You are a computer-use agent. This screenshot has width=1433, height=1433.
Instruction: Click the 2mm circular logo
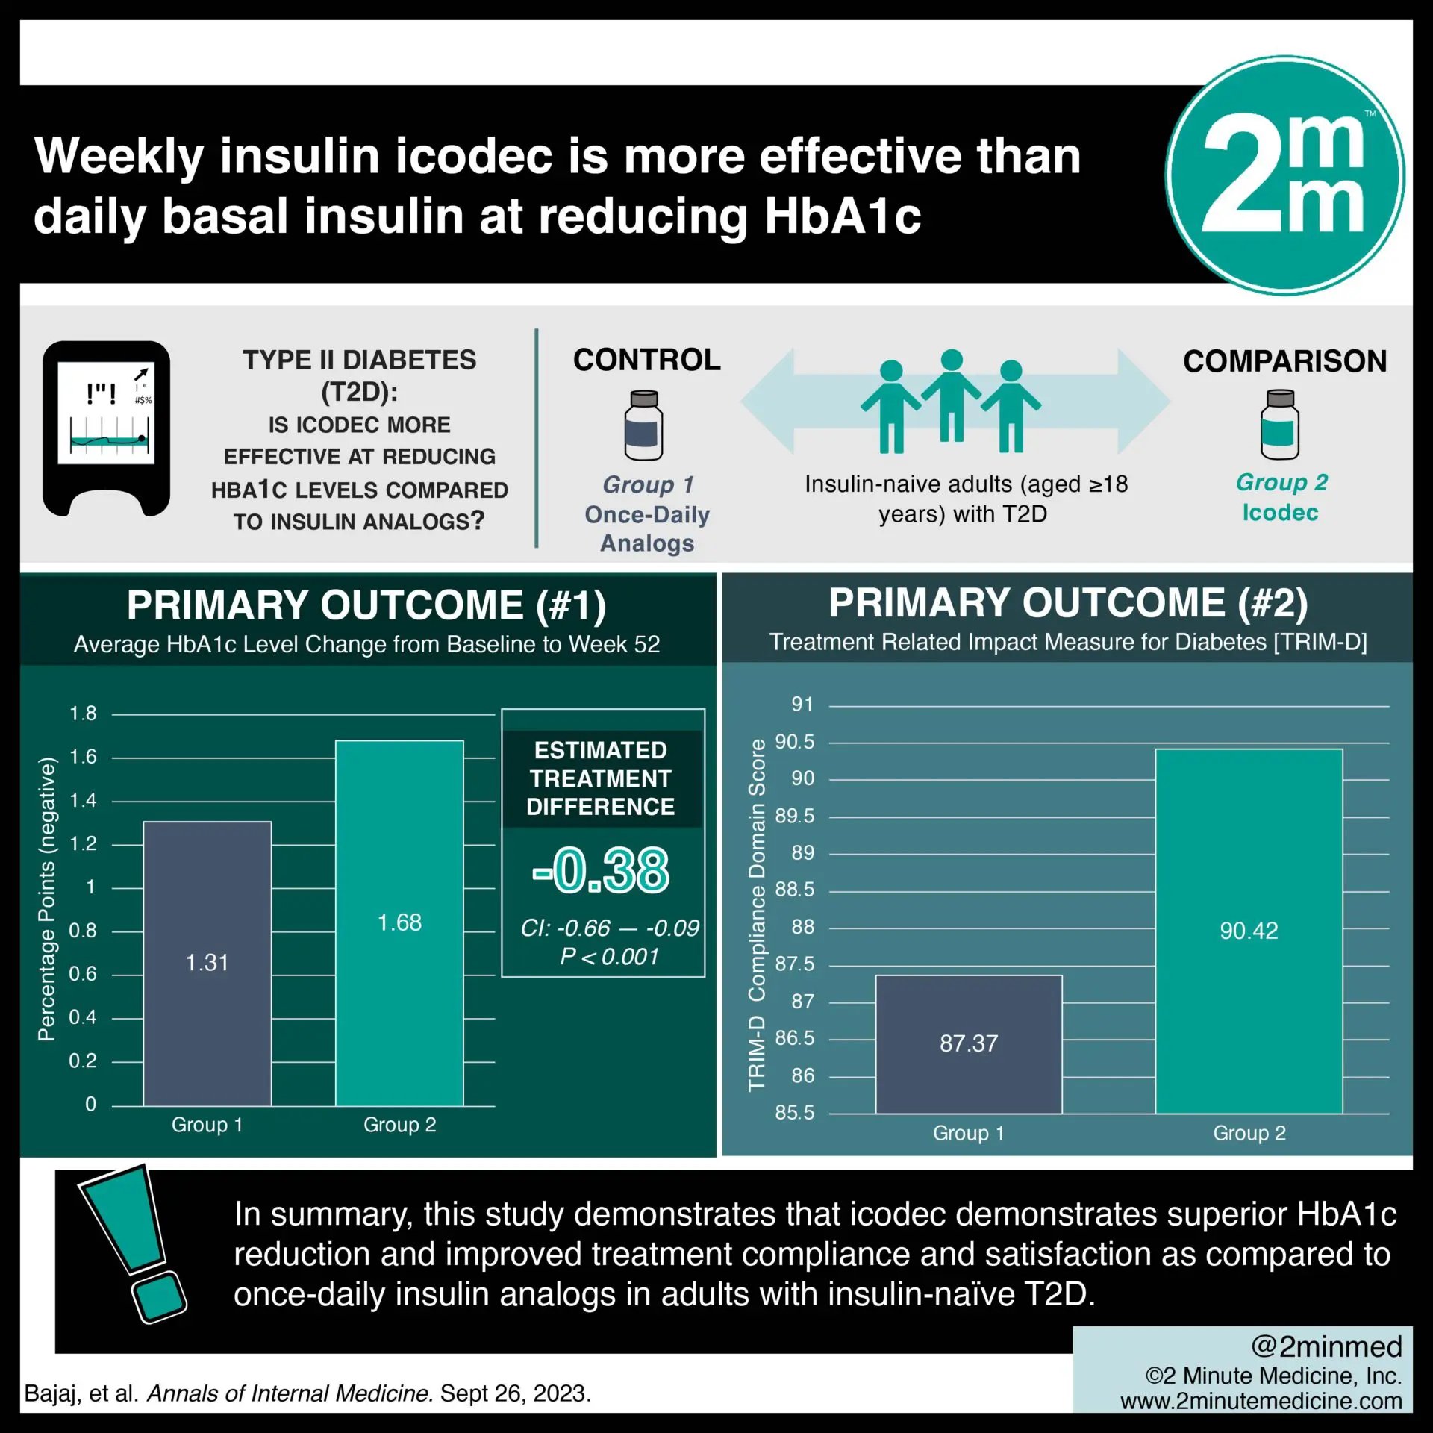point(1284,175)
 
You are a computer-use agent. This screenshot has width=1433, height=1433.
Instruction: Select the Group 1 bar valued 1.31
point(207,963)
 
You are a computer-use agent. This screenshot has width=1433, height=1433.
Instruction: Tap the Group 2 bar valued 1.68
point(399,922)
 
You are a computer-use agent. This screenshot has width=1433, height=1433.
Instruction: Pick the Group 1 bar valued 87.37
point(968,1043)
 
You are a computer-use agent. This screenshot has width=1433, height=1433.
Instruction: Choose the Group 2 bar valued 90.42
point(1249,931)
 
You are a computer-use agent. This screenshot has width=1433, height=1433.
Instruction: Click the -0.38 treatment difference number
point(602,870)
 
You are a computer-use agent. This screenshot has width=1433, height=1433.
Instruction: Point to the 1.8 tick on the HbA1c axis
point(83,714)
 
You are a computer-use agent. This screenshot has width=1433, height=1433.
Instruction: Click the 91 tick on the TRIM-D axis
point(802,704)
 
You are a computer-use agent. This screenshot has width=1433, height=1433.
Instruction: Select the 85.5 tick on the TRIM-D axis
point(795,1112)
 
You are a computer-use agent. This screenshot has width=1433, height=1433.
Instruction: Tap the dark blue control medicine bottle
point(643,425)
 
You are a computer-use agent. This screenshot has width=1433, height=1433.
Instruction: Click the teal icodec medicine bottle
point(1279,425)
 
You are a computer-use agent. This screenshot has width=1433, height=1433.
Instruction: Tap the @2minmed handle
point(1326,1346)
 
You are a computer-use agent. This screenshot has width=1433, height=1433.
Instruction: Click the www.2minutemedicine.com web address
point(1261,1401)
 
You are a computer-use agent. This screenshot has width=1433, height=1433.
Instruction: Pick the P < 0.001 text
point(610,957)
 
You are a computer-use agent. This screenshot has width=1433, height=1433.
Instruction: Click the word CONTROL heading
point(646,360)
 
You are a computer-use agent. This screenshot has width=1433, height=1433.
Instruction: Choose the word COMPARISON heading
point(1284,361)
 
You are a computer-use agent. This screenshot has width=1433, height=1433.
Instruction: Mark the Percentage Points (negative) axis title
point(47,899)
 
